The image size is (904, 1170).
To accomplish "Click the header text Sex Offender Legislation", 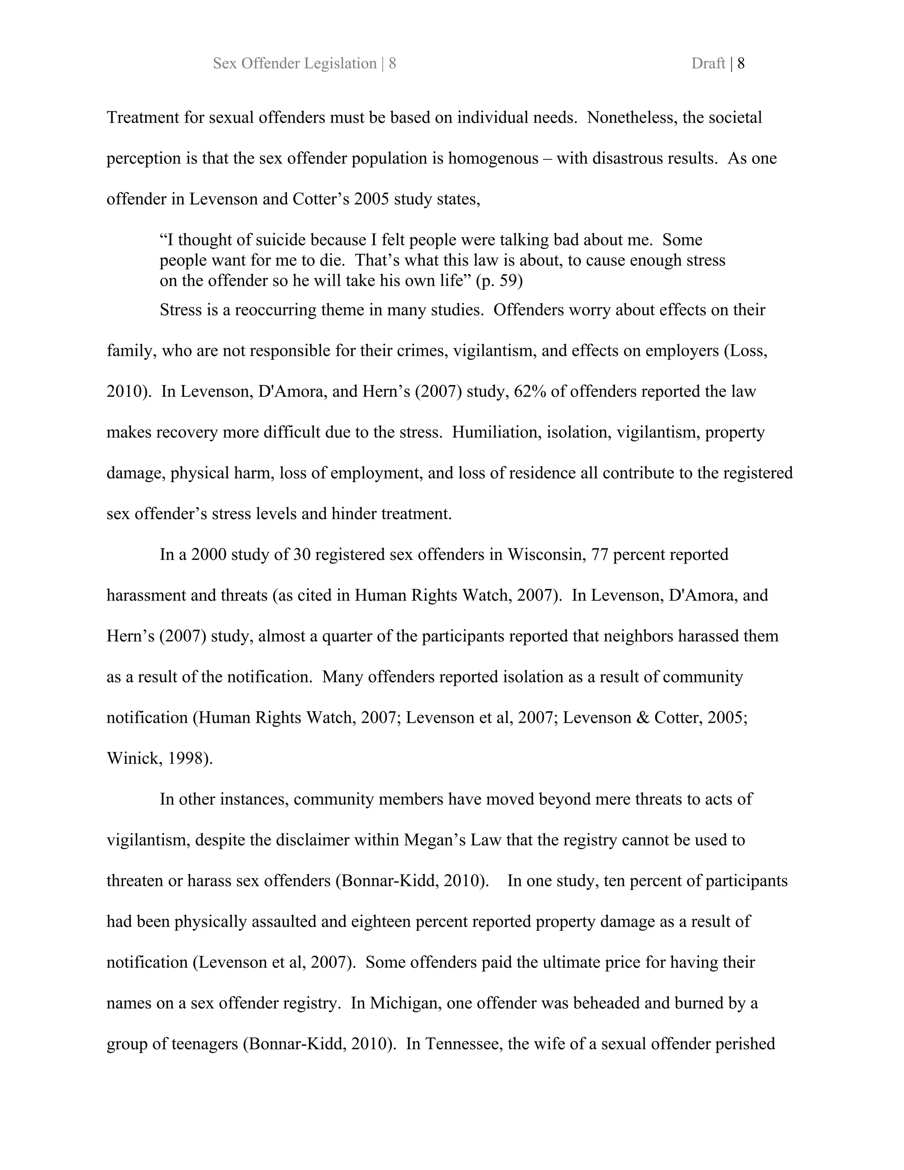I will click(x=294, y=64).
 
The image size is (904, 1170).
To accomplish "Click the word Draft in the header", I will click(x=708, y=64).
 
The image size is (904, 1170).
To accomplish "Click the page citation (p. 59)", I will click(x=499, y=281).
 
